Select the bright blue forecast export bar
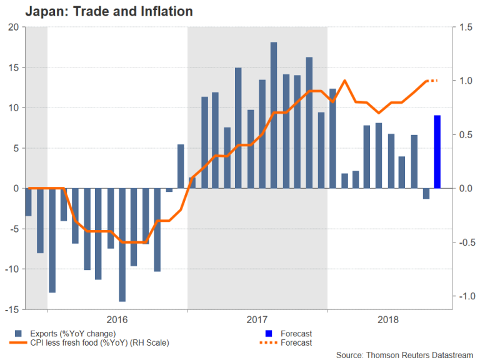tap(437, 152)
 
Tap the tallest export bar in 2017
tap(274, 115)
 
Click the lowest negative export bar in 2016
tap(122, 244)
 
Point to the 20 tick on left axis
tap(14, 27)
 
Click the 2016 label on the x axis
tap(117, 319)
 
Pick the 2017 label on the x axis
tap(257, 319)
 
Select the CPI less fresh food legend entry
tap(92, 342)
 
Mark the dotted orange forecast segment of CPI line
tap(432, 81)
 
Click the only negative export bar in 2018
tap(426, 194)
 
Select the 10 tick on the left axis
tap(14, 107)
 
